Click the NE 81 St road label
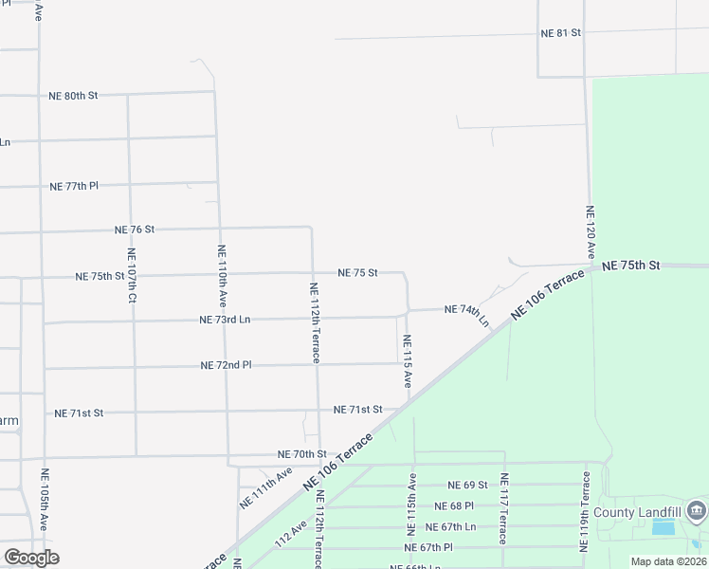[x=560, y=32]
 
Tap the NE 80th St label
[x=73, y=96]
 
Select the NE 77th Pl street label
[x=74, y=186]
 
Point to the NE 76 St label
[x=135, y=229]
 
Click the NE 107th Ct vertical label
[x=132, y=276]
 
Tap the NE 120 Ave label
[x=590, y=233]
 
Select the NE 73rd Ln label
[x=225, y=321]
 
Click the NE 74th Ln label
[x=466, y=312]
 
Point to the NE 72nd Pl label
[x=226, y=365]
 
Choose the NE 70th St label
[x=301, y=455]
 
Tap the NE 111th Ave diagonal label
[x=264, y=488]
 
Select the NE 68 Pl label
[x=454, y=506]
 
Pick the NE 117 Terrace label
[x=504, y=508]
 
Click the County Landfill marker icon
[x=697, y=512]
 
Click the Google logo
[x=31, y=558]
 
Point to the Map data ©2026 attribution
[x=667, y=561]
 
